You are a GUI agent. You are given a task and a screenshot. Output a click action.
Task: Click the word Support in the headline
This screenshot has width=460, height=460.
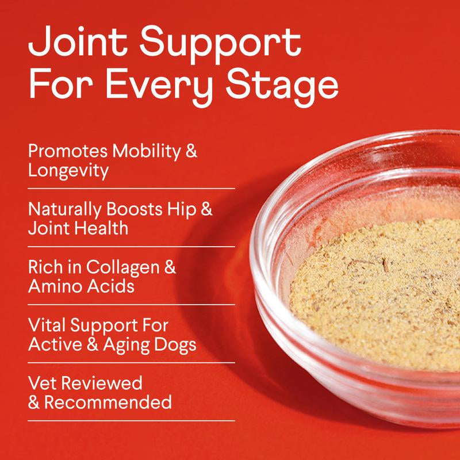click(x=221, y=43)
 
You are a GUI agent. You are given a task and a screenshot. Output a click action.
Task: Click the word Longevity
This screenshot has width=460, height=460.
click(x=68, y=171)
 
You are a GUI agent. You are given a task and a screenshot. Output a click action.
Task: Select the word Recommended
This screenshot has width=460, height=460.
click(x=108, y=402)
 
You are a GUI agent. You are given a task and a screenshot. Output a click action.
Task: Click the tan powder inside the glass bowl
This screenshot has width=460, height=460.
click(x=374, y=293)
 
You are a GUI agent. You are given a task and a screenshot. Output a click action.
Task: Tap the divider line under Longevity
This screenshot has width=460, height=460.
click(x=131, y=188)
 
